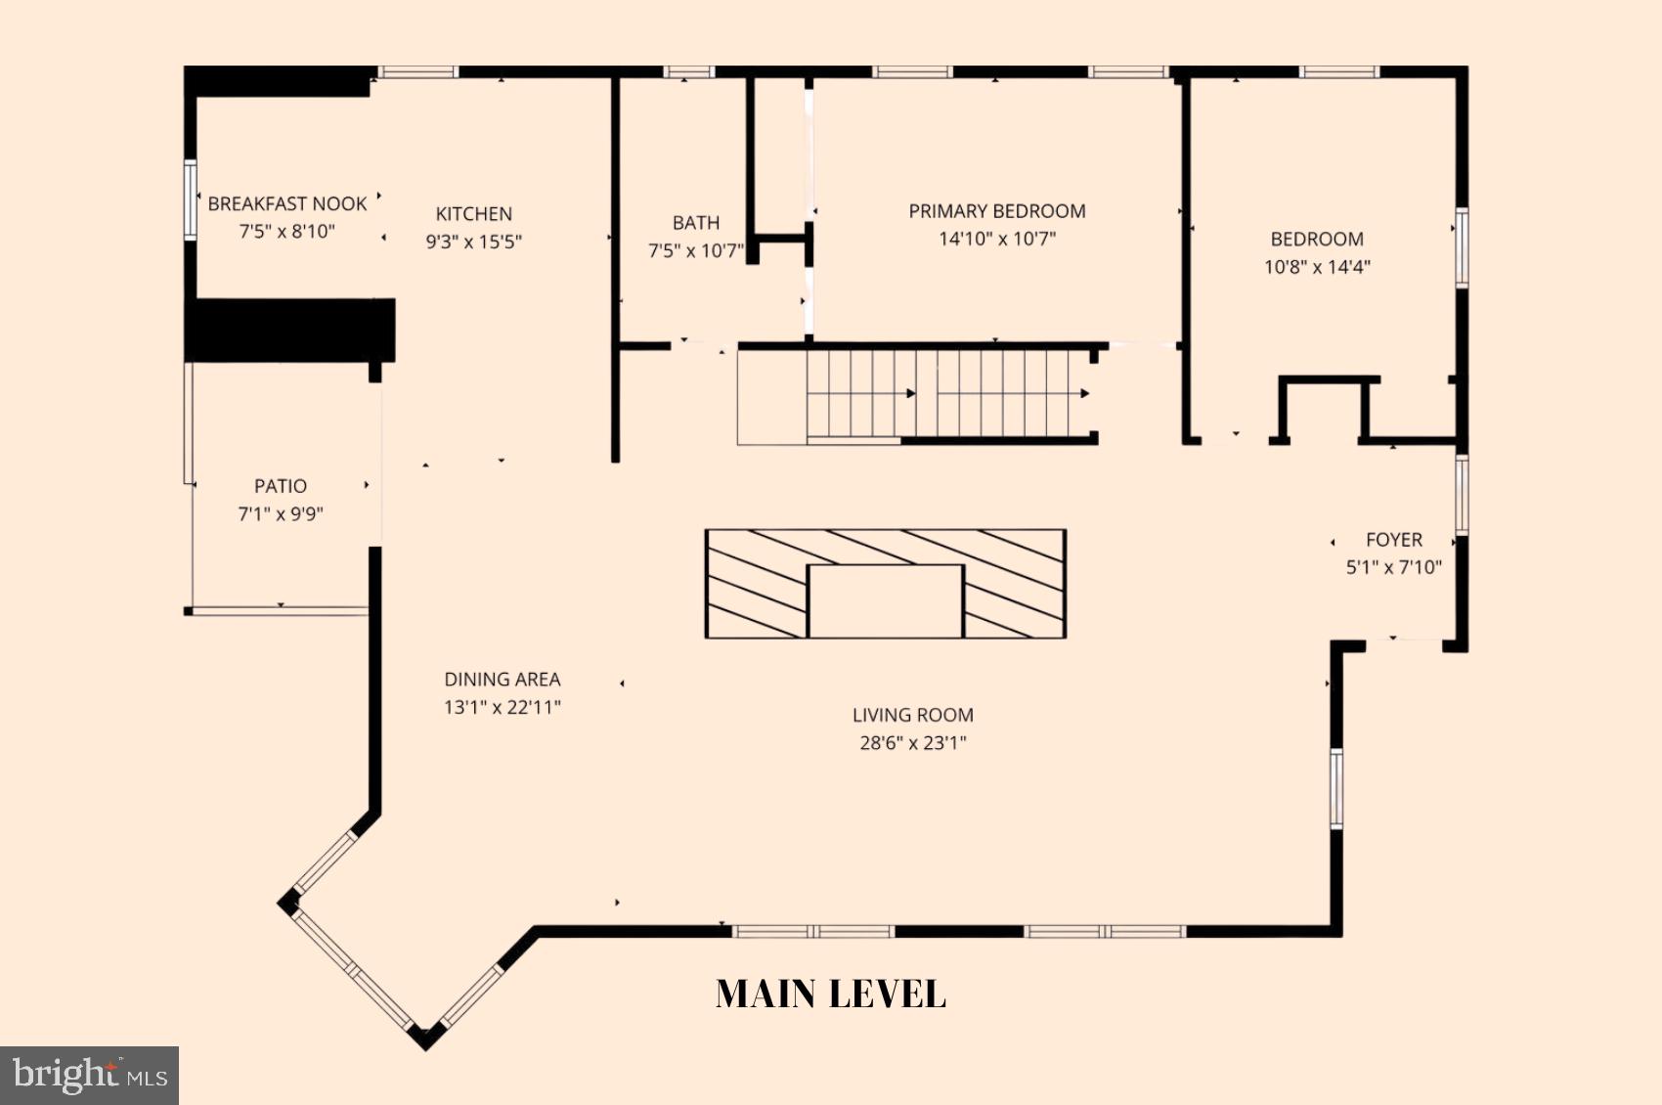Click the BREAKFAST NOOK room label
click(x=286, y=203)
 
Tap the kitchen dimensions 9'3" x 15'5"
click(x=473, y=242)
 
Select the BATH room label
click(x=695, y=223)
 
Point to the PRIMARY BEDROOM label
click(x=996, y=211)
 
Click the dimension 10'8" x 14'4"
click(x=1316, y=267)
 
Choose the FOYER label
click(x=1393, y=540)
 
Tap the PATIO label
click(x=281, y=486)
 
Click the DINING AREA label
click(x=502, y=680)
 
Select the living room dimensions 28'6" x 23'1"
click(x=912, y=743)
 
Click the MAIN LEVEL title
click(x=830, y=994)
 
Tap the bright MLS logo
click(x=89, y=1075)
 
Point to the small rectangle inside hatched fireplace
click(x=885, y=600)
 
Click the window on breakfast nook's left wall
click(x=191, y=199)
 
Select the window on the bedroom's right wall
click(x=1461, y=246)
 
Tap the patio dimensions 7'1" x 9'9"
click(x=281, y=514)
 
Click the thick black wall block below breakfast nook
click(x=290, y=330)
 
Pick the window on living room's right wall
click(x=1335, y=787)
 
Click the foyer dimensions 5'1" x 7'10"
click(x=1393, y=568)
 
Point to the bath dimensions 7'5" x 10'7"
click(x=695, y=251)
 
